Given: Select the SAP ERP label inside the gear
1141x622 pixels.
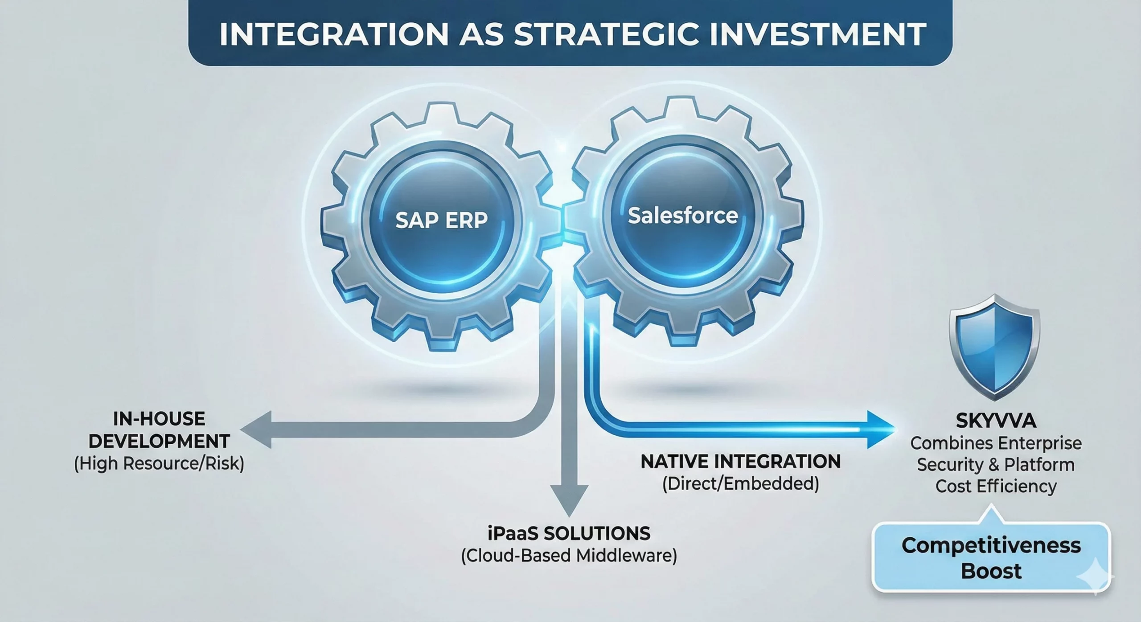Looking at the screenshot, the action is pyautogui.click(x=442, y=220).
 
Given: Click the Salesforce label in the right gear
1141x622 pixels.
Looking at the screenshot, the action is pyautogui.click(x=683, y=216).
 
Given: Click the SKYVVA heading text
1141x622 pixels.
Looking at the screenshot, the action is pyautogui.click(x=995, y=421).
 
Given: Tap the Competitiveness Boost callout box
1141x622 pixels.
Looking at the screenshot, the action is pyautogui.click(x=990, y=558).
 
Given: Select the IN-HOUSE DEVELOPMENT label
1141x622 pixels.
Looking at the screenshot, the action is pyautogui.click(x=159, y=430).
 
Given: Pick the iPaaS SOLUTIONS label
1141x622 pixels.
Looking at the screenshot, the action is pyautogui.click(x=569, y=533).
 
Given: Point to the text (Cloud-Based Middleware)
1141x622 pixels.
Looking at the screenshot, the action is pyautogui.click(x=569, y=556).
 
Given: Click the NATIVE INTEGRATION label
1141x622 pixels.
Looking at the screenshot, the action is pyautogui.click(x=741, y=462).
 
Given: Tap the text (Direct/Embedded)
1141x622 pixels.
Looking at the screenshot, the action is pyautogui.click(x=741, y=484).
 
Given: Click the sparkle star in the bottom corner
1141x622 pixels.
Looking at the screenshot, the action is pyautogui.click(x=1096, y=577).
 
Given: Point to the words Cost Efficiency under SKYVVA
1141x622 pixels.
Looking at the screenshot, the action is pyautogui.click(x=996, y=486).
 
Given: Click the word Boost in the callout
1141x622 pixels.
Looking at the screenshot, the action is pyautogui.click(x=991, y=571).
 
